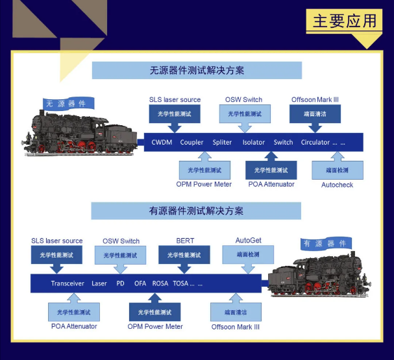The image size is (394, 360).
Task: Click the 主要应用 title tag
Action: [344, 21]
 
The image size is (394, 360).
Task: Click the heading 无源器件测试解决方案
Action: [197, 70]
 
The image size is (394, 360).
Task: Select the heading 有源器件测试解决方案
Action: [196, 211]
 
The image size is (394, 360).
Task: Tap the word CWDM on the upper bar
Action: [162, 142]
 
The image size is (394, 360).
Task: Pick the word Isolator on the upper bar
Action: [254, 142]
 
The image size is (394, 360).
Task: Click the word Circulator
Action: [315, 142]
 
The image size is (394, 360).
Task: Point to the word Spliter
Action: [222, 142]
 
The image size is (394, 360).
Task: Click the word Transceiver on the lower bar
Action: [68, 283]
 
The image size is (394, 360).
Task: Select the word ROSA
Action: [160, 283]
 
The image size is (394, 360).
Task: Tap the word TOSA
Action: [180, 283]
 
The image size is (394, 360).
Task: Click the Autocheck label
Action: [337, 185]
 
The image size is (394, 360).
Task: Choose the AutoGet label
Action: [248, 241]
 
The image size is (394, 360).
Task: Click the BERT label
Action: [185, 241]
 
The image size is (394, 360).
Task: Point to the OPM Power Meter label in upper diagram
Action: [204, 184]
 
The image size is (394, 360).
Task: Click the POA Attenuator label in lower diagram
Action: [74, 326]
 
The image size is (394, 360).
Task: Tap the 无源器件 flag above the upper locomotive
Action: [68, 103]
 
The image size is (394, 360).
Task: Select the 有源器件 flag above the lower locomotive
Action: [326, 243]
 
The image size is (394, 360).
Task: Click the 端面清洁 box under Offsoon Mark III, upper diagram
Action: [315, 114]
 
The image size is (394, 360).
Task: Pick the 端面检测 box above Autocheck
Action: [338, 170]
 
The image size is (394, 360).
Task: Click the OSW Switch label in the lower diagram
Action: [121, 241]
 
